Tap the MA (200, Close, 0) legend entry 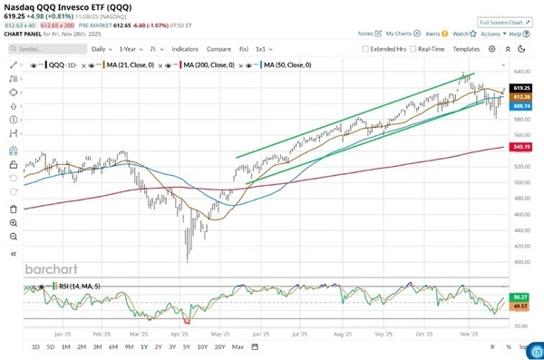coord(207,65)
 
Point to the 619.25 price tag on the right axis coord(520,87)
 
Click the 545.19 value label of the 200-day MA coord(520,146)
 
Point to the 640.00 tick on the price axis coord(520,72)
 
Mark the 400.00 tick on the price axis coord(520,262)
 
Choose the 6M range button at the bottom coord(112,347)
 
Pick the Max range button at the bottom coord(238,347)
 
